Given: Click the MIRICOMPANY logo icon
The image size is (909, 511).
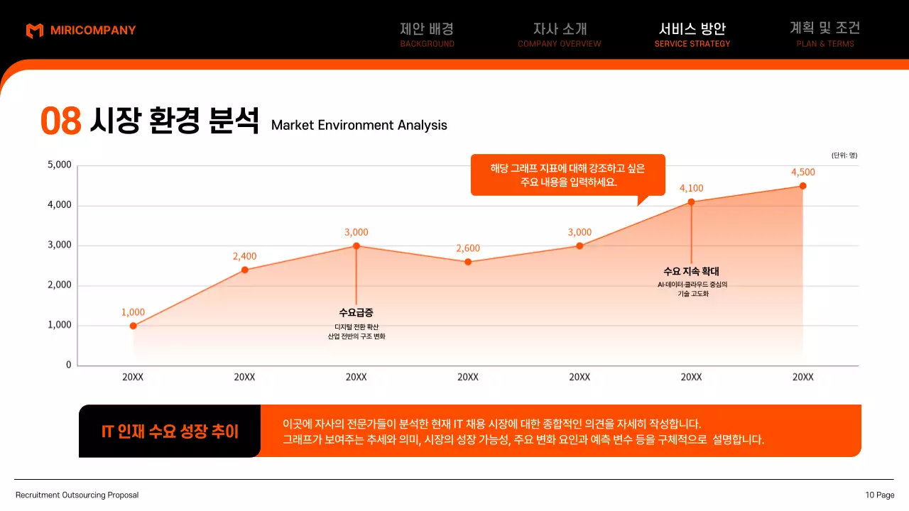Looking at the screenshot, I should tap(34, 31).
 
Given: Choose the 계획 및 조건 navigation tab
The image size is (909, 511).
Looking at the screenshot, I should tap(824, 34).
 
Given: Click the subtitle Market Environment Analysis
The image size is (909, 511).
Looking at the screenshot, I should tap(359, 126).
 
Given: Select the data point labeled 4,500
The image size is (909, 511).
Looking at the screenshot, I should tap(802, 186).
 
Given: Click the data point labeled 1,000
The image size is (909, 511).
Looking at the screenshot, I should tap(133, 326).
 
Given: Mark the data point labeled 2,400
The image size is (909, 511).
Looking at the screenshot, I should tap(244, 270).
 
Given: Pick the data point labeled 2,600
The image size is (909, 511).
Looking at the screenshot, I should tap(468, 262).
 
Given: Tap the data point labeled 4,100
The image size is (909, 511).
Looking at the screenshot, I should tap(691, 202).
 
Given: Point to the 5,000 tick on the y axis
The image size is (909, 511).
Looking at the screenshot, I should tap(60, 165).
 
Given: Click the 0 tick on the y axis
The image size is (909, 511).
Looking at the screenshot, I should tap(69, 365).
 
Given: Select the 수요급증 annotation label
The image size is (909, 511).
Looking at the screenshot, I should tap(356, 312).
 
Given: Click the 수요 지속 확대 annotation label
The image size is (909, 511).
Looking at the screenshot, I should tap(691, 271).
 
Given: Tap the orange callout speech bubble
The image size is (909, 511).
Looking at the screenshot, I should tap(567, 175).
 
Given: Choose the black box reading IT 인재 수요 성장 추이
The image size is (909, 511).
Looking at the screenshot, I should tap(170, 431).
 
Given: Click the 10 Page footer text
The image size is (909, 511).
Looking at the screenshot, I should tap(880, 495).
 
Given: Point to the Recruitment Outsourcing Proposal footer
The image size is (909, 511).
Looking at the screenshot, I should tap(77, 495).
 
